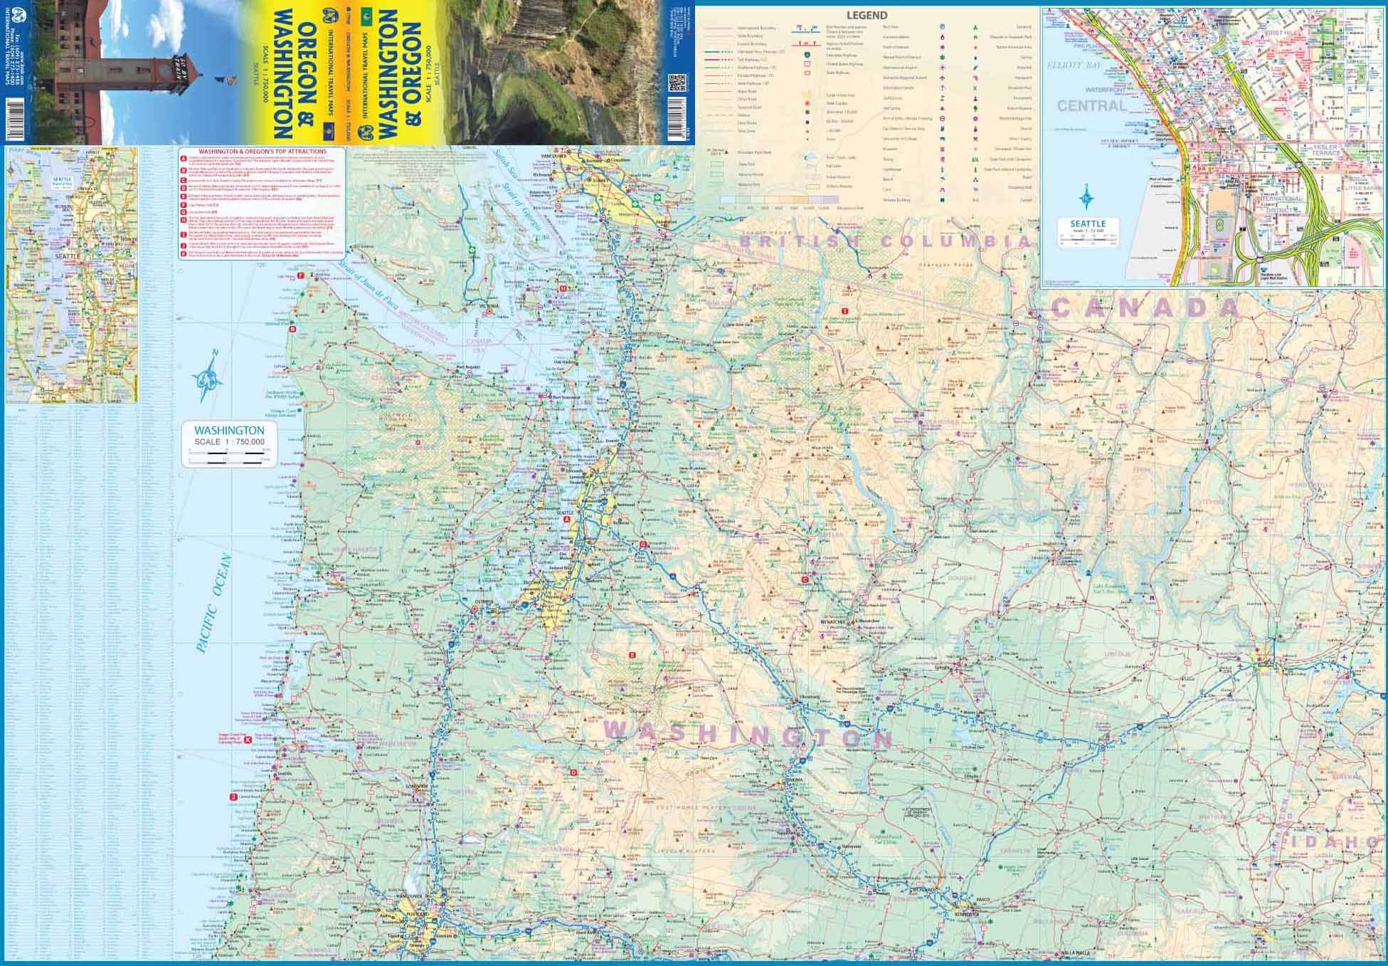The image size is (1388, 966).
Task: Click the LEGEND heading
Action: (x=867, y=15)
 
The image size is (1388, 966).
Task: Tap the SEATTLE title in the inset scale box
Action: (x=1088, y=224)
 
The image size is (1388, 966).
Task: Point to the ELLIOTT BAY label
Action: (x=1074, y=65)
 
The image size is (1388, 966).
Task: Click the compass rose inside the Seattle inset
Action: (x=1087, y=196)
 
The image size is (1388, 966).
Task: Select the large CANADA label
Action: (x=1145, y=308)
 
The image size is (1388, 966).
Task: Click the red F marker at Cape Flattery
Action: (x=301, y=275)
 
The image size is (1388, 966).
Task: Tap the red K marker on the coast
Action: (x=248, y=740)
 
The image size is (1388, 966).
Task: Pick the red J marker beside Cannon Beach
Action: (x=233, y=797)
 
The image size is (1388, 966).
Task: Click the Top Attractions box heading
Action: (x=262, y=152)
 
